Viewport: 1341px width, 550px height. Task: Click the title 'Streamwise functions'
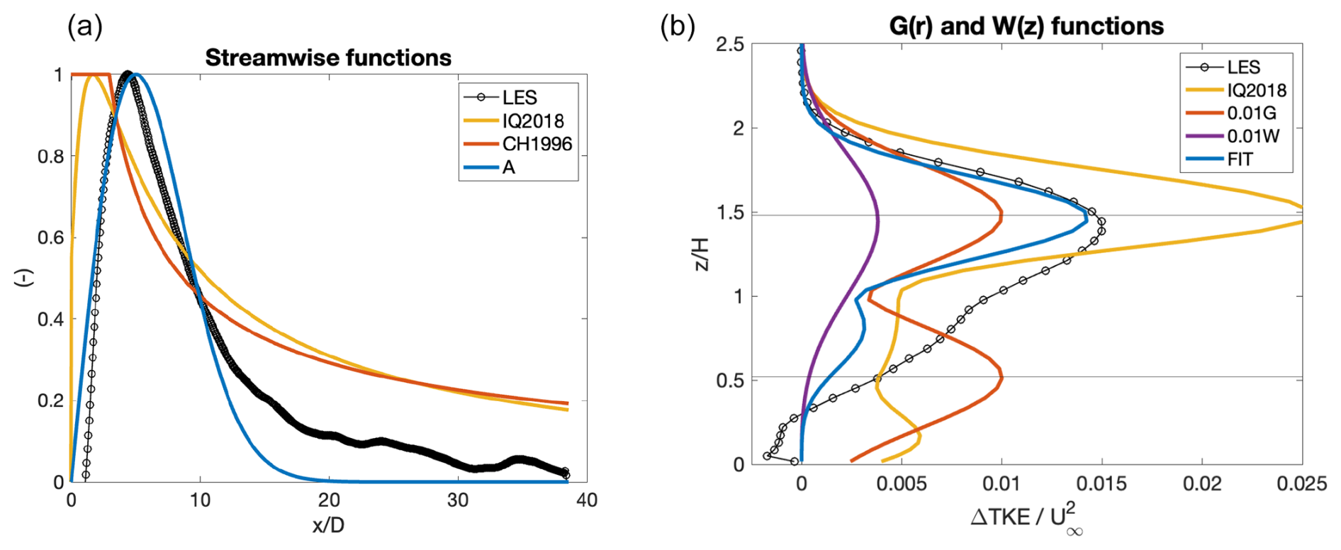(x=328, y=57)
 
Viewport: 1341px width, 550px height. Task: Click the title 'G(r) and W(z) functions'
(x=1026, y=26)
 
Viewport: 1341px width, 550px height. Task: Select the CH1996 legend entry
(x=518, y=144)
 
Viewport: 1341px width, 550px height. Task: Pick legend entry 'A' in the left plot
(x=490, y=167)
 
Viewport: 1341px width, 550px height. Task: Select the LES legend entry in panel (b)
(x=1223, y=67)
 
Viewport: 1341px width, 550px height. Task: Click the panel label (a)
(x=85, y=27)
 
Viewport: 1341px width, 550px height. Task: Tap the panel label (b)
(x=678, y=27)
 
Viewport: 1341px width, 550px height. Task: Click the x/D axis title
(x=328, y=525)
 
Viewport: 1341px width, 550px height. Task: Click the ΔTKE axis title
(x=1026, y=519)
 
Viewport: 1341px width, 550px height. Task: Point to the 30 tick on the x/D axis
(x=458, y=500)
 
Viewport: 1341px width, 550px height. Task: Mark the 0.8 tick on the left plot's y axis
(x=50, y=157)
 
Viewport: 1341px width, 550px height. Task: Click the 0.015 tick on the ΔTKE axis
(x=1101, y=483)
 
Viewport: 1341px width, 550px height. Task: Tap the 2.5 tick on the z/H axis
(x=730, y=45)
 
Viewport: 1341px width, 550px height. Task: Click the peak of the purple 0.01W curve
(x=877, y=220)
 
